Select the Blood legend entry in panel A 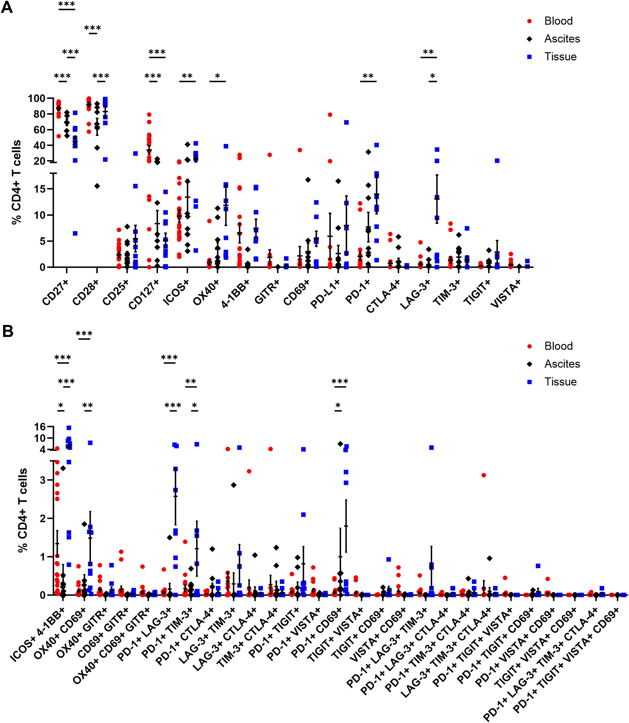[x=558, y=21]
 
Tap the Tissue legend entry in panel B [x=560, y=382]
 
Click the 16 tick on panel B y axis [x=38, y=427]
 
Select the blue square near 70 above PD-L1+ [x=346, y=122]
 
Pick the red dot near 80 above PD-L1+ [x=330, y=114]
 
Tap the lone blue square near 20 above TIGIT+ [x=497, y=160]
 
